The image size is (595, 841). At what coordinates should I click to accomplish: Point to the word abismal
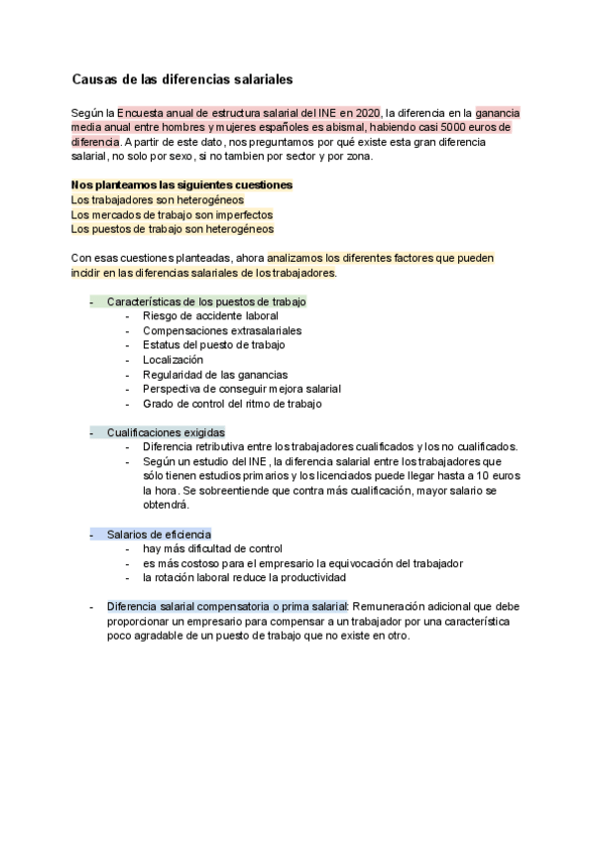click(336, 128)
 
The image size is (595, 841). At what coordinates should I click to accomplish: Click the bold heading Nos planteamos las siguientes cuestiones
click(182, 185)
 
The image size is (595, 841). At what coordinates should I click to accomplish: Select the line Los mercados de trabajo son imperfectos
click(172, 214)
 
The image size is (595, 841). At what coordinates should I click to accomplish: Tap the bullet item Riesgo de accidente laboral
click(205, 315)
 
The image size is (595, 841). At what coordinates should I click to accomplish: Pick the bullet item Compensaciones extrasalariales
click(222, 330)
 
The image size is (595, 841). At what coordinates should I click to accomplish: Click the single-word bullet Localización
click(173, 360)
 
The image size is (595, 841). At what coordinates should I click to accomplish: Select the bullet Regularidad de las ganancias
click(215, 375)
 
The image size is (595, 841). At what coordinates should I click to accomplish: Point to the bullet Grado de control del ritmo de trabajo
click(231, 404)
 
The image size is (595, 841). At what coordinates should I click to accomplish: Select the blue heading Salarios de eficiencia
click(159, 534)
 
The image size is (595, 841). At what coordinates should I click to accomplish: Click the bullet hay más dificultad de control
click(212, 548)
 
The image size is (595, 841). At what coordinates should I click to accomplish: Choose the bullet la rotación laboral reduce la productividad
click(243, 577)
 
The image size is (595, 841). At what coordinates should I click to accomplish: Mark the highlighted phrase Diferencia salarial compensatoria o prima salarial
click(227, 606)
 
